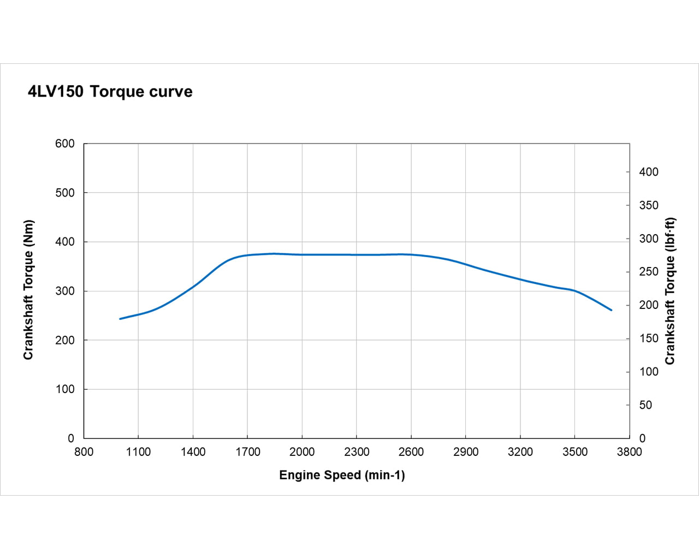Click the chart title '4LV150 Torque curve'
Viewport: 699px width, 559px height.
[x=110, y=91]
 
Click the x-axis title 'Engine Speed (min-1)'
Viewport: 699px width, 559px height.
[x=342, y=475]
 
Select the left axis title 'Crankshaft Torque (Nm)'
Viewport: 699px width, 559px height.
[x=28, y=290]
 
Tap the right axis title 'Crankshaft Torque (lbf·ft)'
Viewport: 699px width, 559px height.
[x=670, y=291]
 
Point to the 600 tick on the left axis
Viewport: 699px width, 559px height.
[x=65, y=144]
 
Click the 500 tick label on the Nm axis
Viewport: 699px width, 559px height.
[x=65, y=193]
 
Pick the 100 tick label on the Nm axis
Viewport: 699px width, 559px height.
[x=65, y=389]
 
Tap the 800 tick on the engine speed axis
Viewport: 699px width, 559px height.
[x=84, y=452]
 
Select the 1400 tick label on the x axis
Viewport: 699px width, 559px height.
[x=193, y=452]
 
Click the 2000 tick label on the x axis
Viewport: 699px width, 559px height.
[x=302, y=452]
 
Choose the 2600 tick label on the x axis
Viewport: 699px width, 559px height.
[x=411, y=452]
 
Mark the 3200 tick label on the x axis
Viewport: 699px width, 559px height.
[x=520, y=452]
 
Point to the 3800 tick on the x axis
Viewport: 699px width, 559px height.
[x=629, y=452]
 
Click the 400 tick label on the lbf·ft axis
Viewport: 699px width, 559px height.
[x=649, y=172]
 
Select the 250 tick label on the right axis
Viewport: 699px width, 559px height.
[x=649, y=272]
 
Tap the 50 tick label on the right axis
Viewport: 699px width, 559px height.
[x=645, y=405]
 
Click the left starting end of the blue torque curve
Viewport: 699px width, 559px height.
[x=120, y=319]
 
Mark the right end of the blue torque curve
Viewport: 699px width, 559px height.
[x=611, y=310]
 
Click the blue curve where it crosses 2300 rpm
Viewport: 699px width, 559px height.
[x=357, y=255]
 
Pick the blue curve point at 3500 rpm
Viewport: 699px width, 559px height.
[x=574, y=290]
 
